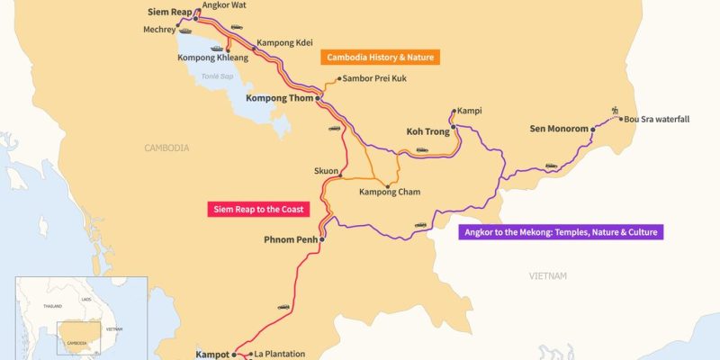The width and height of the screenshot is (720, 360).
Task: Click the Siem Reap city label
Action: click(x=168, y=13)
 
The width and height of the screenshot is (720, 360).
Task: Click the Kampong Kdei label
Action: click(x=284, y=42)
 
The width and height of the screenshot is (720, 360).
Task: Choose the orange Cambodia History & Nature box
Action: click(x=380, y=57)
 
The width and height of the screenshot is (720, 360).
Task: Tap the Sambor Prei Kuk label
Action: click(x=375, y=79)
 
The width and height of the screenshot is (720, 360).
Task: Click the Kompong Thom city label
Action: click(x=278, y=98)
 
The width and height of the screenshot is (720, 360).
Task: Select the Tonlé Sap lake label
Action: click(x=218, y=77)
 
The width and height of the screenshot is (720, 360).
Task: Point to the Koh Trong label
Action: click(x=427, y=131)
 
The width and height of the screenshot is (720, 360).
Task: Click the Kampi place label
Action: click(x=469, y=112)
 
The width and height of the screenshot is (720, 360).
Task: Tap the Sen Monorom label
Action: click(x=558, y=130)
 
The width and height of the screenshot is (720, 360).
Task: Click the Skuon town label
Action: click(x=326, y=169)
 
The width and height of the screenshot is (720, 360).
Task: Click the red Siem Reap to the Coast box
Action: click(x=257, y=210)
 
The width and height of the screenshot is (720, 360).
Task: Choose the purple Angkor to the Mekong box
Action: click(x=561, y=232)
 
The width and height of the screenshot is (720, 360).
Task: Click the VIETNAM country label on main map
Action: click(x=548, y=276)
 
